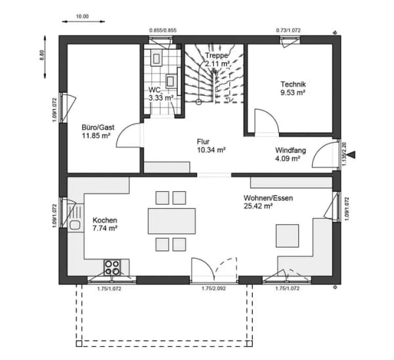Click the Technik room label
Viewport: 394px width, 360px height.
coord(293,84)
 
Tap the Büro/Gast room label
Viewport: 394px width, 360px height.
coord(98,127)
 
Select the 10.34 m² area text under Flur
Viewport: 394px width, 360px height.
coord(211,150)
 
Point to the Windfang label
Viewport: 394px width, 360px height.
coord(290,150)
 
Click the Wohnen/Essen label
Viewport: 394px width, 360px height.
coord(268,198)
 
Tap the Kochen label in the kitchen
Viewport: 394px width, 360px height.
coord(105,220)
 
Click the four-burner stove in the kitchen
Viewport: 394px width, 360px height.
coord(112,267)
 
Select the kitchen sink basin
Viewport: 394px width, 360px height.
coord(75,225)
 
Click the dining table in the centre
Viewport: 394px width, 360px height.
coord(171,221)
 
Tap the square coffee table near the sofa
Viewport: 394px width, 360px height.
coord(288,236)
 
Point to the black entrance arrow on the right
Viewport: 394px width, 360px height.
coord(353,154)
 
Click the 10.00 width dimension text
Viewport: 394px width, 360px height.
coord(82,16)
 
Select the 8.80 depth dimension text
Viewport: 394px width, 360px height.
coord(42,55)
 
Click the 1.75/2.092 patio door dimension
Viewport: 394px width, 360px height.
coord(213,288)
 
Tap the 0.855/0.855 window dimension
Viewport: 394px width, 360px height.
coord(163,30)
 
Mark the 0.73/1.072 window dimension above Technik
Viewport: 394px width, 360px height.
coord(288,30)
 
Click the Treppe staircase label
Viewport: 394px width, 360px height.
coord(216,55)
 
